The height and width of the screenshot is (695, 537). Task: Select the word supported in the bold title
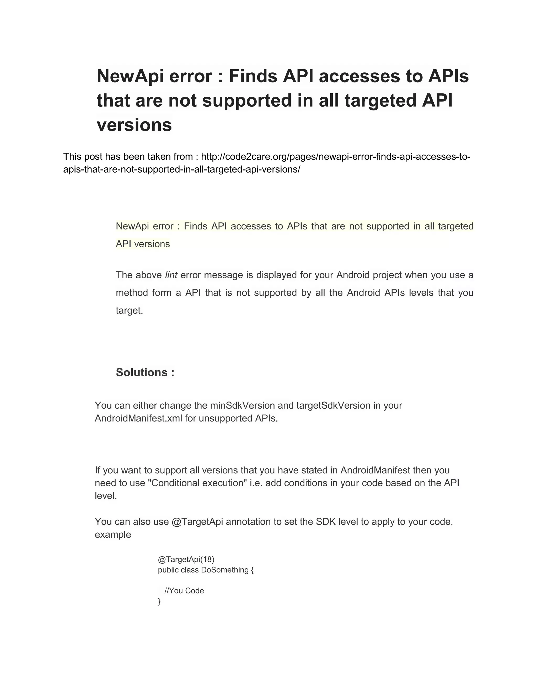tap(246, 100)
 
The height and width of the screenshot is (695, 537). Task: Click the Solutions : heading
tap(145, 372)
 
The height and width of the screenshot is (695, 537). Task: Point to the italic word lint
tap(171, 275)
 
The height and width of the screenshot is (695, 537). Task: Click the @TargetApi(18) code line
tap(186, 559)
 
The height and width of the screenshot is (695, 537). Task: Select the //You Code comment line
tap(184, 591)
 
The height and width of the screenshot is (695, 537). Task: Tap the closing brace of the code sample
tap(159, 601)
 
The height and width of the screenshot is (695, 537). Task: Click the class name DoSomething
tap(225, 570)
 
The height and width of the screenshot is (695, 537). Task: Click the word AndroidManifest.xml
tap(138, 418)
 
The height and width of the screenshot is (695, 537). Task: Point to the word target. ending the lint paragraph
tap(130, 310)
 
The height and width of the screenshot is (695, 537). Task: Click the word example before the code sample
tap(113, 534)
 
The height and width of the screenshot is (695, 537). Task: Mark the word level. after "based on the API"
tap(106, 496)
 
